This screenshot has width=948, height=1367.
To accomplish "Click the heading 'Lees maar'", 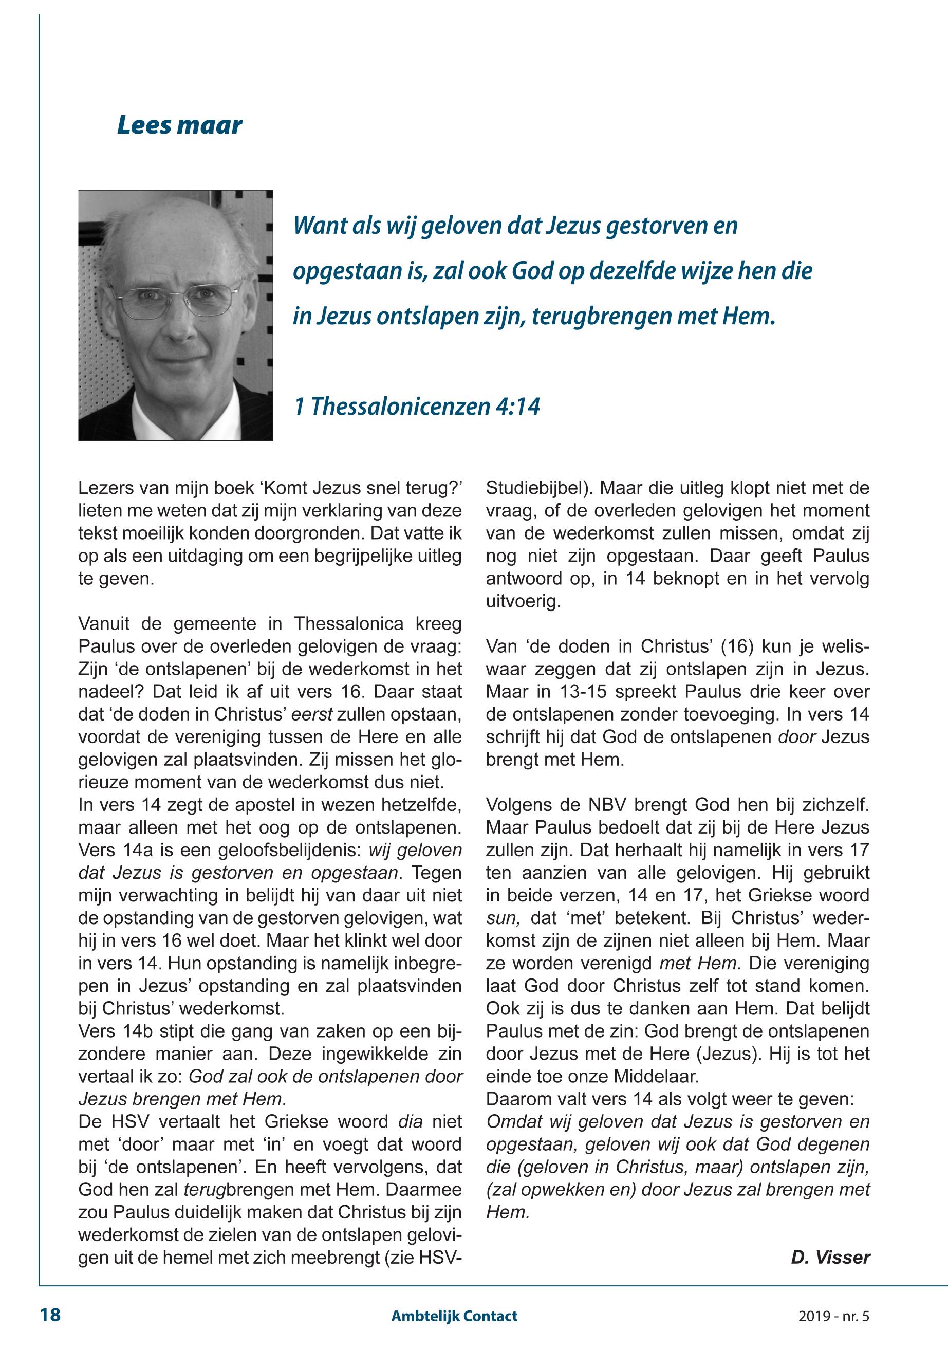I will point(179,125).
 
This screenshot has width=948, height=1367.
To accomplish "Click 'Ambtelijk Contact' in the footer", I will point(454,1316).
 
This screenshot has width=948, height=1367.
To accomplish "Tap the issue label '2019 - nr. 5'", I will point(833,1316).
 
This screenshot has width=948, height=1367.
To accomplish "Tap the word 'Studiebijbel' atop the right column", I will point(537,488).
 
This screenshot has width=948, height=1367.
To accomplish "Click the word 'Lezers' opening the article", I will point(105,488).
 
